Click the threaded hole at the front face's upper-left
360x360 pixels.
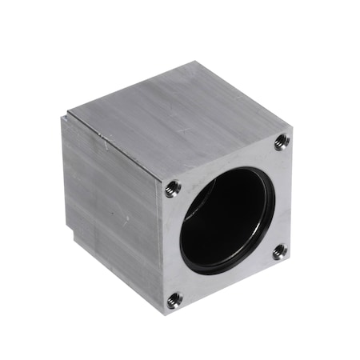[172, 189]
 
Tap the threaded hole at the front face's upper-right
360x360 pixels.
[281, 142]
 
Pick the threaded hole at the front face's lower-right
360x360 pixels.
[278, 251]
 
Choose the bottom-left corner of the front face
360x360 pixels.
[165, 314]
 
